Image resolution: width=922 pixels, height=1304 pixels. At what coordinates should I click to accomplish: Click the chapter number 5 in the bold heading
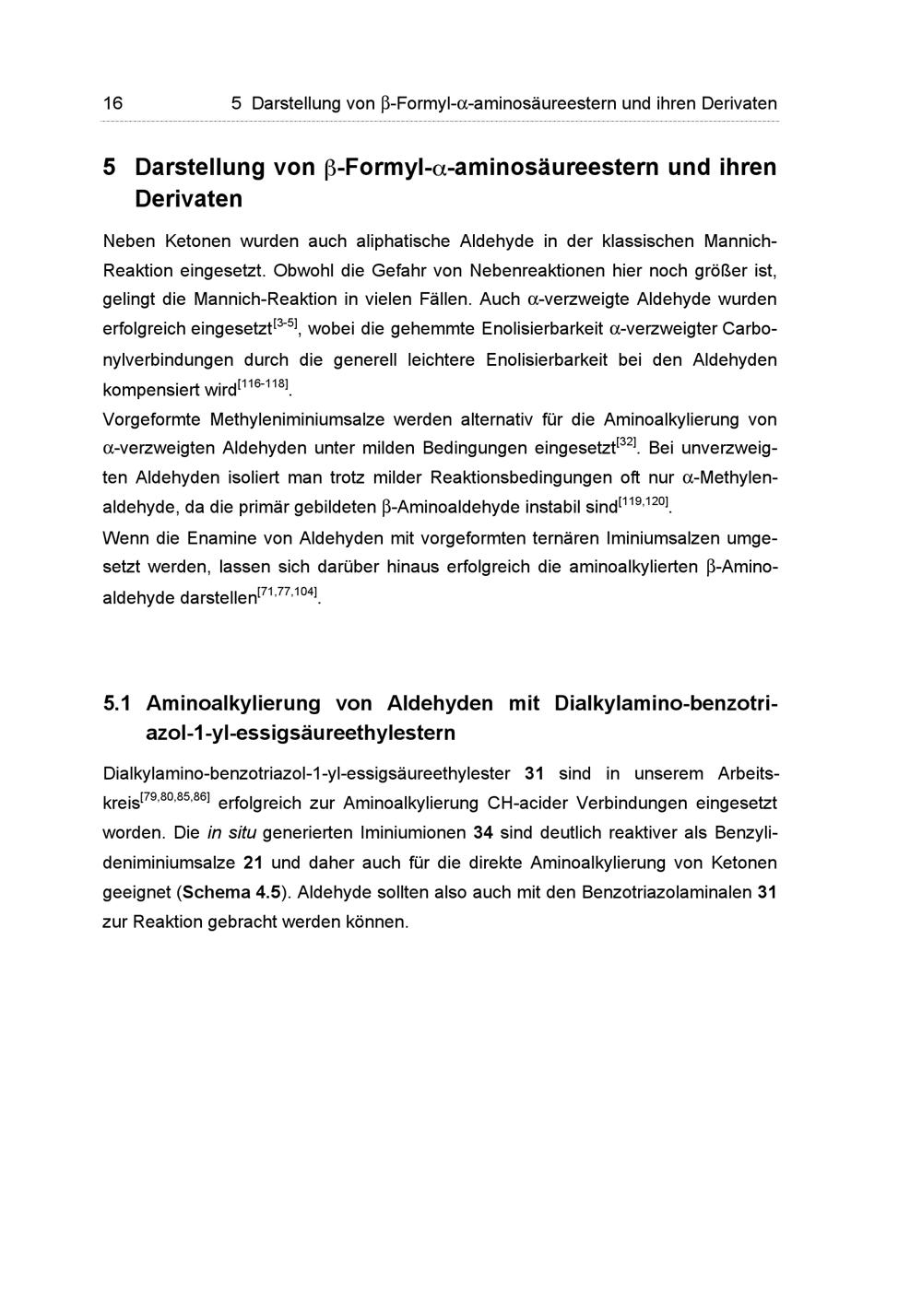pos(110,168)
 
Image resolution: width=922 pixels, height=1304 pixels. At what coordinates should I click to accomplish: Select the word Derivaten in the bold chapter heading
pos(188,199)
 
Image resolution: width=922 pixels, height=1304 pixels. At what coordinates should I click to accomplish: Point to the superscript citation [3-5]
pos(285,323)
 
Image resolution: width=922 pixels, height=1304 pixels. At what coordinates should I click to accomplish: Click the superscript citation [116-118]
pos(263,383)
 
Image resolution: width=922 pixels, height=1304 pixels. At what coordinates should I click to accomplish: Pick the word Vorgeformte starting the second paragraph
pos(152,420)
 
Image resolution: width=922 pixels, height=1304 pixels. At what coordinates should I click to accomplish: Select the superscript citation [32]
pos(626,443)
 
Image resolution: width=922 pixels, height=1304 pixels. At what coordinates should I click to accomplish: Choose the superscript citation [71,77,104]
pos(288,591)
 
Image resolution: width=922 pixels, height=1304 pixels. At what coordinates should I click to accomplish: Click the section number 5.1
pos(118,704)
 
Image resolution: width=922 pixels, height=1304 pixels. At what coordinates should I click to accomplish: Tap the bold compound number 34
pos(483,833)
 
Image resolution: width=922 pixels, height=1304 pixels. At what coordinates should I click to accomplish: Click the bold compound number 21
pos(254,863)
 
